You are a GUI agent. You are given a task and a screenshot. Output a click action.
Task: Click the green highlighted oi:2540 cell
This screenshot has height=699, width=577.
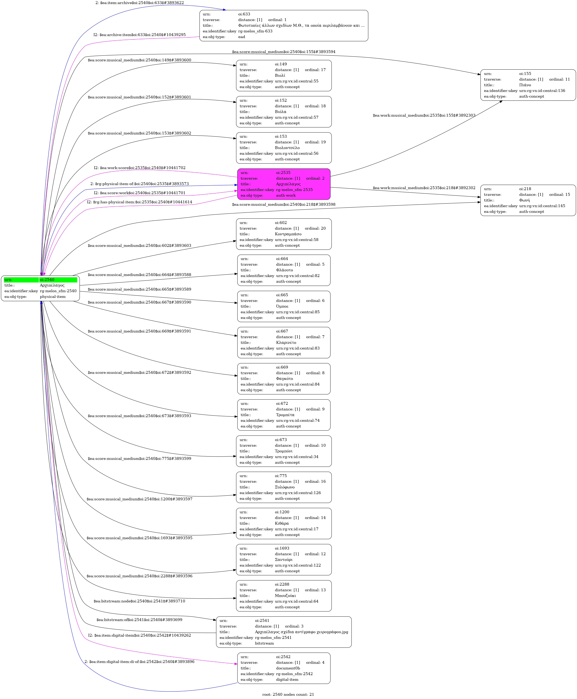[x=58, y=280]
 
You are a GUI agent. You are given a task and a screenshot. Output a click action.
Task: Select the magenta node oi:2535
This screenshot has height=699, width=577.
[x=284, y=184]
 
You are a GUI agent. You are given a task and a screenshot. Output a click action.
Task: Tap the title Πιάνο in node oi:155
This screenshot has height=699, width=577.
[x=525, y=85]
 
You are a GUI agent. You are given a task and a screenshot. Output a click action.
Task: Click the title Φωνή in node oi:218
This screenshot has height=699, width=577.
[x=525, y=200]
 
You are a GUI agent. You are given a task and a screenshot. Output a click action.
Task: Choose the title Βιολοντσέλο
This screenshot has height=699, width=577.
[x=287, y=148]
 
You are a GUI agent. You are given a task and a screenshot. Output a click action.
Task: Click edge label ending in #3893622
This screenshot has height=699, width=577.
[x=140, y=3]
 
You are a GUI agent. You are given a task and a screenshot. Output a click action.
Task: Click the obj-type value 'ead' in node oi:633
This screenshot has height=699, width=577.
[x=242, y=37]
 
